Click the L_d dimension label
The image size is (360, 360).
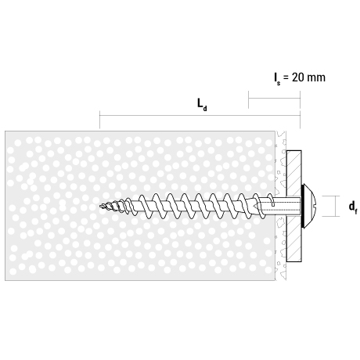[202, 105]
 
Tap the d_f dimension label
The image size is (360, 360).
[353, 207]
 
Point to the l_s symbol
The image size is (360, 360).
[277, 79]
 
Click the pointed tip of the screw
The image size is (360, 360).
[100, 207]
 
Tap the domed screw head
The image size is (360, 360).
[310, 206]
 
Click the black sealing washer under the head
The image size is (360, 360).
[303, 206]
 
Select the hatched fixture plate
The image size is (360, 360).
[294, 206]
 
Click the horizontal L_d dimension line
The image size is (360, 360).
[200, 115]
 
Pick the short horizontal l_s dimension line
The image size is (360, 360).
[274, 99]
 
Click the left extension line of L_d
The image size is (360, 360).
[99, 120]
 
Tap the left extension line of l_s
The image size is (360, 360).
[248, 99]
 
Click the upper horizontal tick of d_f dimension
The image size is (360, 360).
[330, 196]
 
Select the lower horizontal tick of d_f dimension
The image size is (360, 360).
[330, 216]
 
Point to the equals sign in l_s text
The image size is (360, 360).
[286, 78]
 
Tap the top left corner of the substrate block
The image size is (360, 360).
[5, 131]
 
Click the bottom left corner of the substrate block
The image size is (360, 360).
[5, 281]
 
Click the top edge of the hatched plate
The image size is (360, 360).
[294, 150]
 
